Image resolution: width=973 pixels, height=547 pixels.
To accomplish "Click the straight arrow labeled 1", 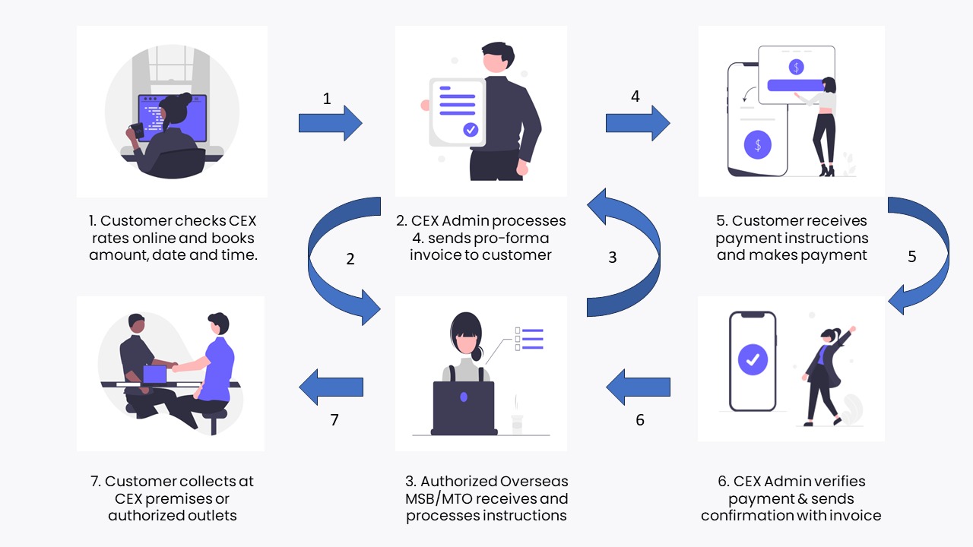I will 330,123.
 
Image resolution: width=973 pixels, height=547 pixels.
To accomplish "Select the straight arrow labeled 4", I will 637,123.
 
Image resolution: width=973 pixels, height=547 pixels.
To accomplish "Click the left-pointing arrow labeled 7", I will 331,387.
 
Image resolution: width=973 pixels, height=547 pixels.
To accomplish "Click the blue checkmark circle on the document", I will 471,130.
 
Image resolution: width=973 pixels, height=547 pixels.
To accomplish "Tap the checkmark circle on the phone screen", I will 753,359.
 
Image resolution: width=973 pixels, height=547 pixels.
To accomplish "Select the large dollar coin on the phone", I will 757,144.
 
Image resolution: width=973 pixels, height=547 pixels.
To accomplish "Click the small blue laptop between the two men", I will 155,374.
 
